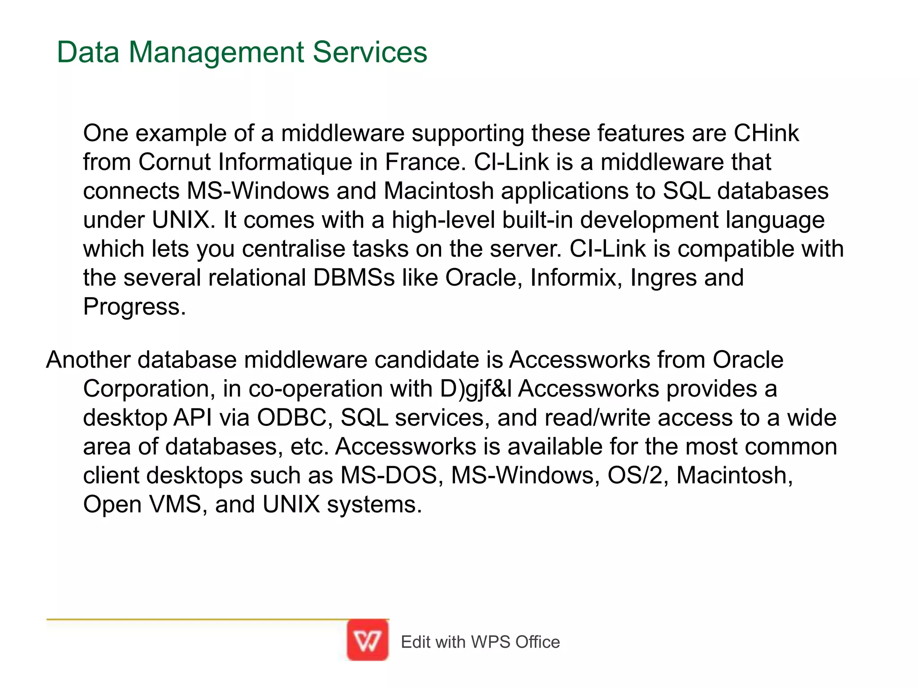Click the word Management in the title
[217, 52]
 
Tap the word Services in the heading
[370, 52]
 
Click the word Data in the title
[88, 52]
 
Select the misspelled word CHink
[766, 133]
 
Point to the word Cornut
[174, 162]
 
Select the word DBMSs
[354, 278]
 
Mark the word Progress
[134, 307]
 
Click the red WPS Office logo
[368, 640]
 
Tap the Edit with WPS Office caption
[480, 642]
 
